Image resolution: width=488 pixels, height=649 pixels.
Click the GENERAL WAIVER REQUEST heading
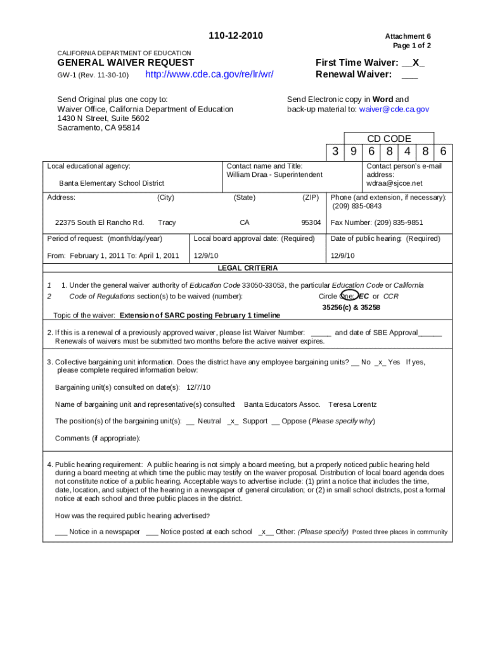pyautogui.click(x=125, y=62)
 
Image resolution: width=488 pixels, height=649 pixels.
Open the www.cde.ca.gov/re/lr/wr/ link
pyautogui.click(x=210, y=75)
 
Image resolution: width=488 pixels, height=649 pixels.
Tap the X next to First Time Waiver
pyautogui.click(x=415, y=62)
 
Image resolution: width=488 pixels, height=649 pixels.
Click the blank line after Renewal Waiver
pyautogui.click(x=409, y=75)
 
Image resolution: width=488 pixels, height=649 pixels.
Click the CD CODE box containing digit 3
pyautogui.click(x=335, y=152)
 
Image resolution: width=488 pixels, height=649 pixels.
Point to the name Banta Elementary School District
pyautogui.click(x=112, y=183)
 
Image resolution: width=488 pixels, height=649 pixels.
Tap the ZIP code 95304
pyautogui.click(x=311, y=222)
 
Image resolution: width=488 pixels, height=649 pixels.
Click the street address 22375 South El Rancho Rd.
pyautogui.click(x=100, y=222)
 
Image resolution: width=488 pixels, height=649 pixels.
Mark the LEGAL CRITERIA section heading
pyautogui.click(x=248, y=268)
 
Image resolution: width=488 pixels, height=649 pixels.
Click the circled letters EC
pyautogui.click(x=363, y=296)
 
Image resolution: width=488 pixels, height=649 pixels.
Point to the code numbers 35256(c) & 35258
pyautogui.click(x=351, y=307)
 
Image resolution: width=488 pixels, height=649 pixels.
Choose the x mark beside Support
pyautogui.click(x=233, y=421)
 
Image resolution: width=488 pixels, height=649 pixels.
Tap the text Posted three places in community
pyautogui.click(x=399, y=532)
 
